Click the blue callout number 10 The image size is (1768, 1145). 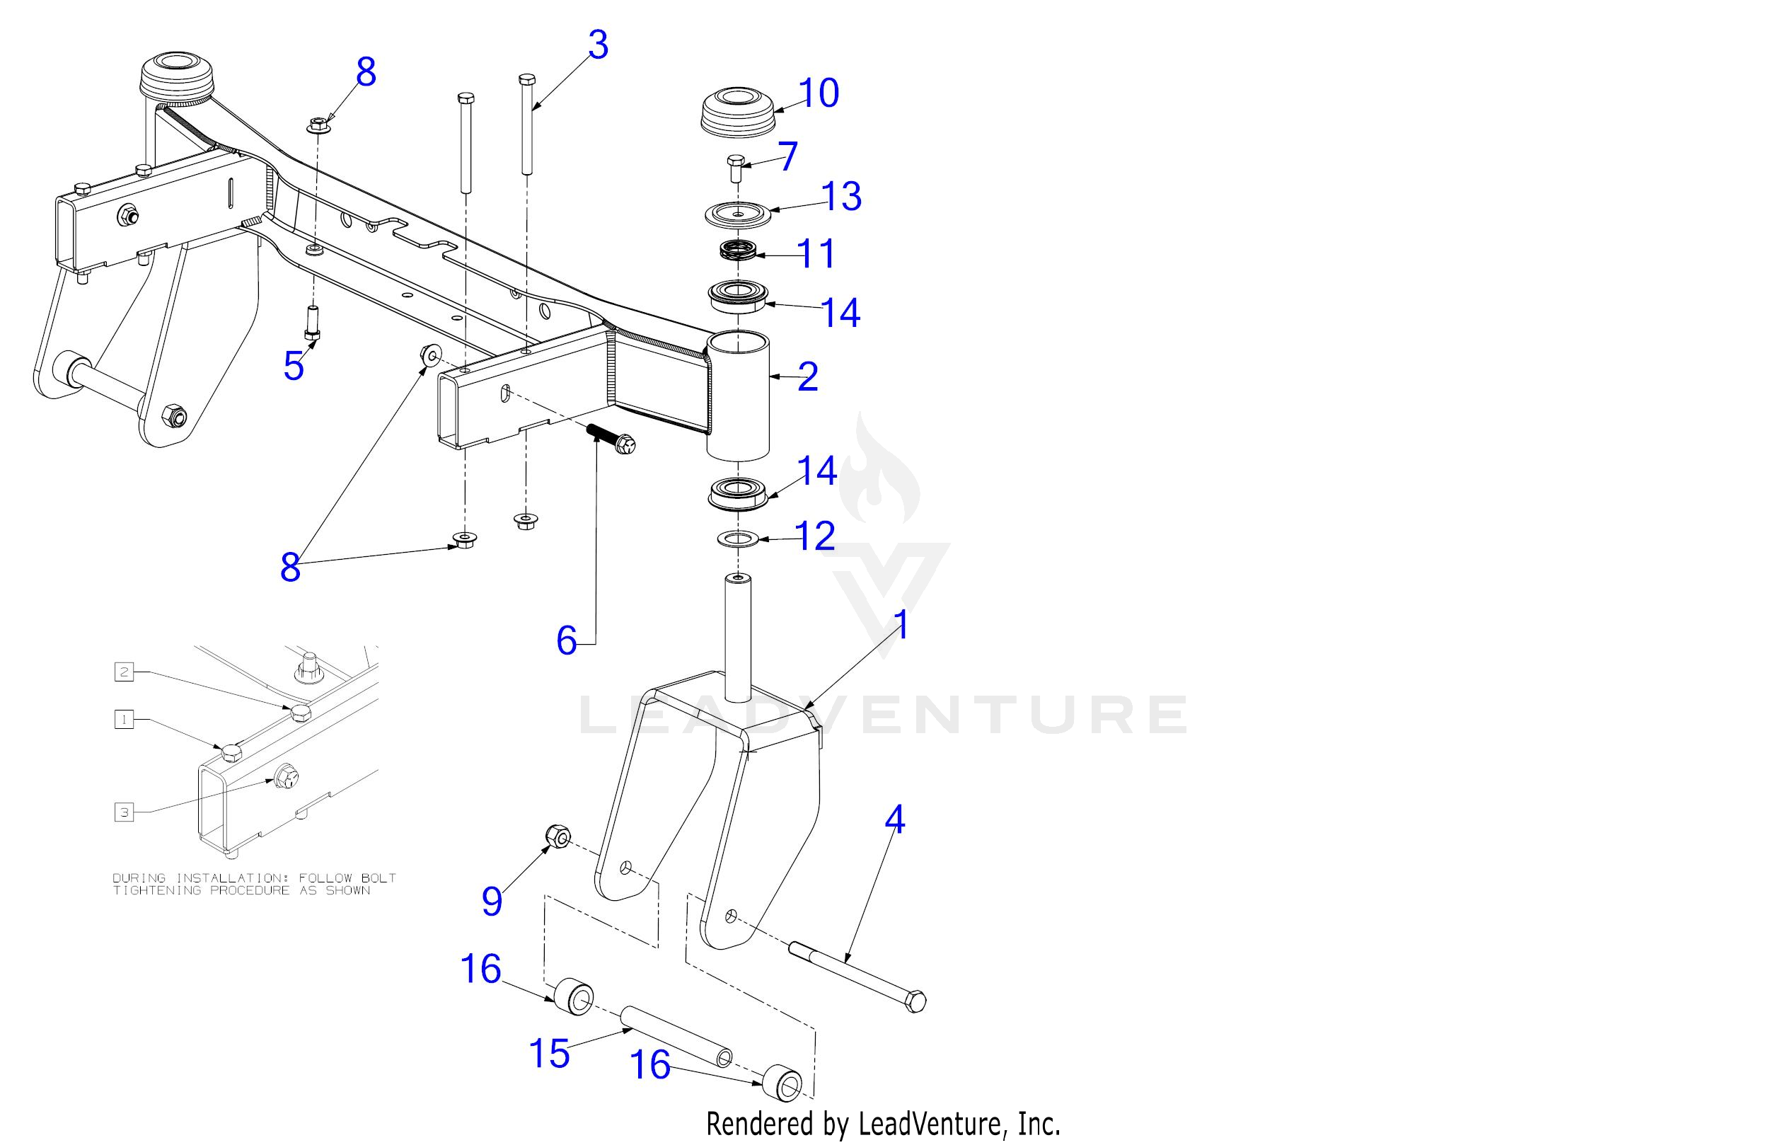pyautogui.click(x=819, y=93)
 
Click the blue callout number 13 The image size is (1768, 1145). pyautogui.click(x=841, y=196)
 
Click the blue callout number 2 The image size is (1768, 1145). pyautogui.click(x=807, y=376)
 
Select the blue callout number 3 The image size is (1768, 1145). pyautogui.click(x=598, y=45)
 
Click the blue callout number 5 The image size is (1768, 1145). pyautogui.click(x=294, y=366)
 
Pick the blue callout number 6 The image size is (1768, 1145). pyautogui.click(x=566, y=640)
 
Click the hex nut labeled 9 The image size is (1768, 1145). pyautogui.click(x=558, y=837)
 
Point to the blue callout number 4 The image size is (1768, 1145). pyautogui.click(x=895, y=819)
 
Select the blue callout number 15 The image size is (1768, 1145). pyautogui.click(x=549, y=1053)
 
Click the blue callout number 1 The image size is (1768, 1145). pyautogui.click(x=901, y=625)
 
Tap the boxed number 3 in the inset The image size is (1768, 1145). pyautogui.click(x=124, y=813)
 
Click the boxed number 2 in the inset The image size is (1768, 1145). pyautogui.click(x=124, y=672)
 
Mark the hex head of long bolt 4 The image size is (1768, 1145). pyautogui.click(x=917, y=1001)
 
